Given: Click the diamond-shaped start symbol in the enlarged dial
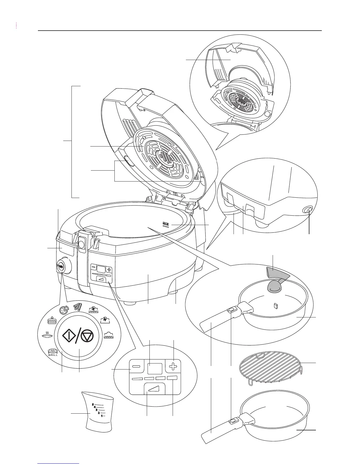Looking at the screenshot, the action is (68, 336).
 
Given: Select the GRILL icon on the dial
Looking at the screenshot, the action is (53, 352).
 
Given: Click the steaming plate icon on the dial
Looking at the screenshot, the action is (46, 335).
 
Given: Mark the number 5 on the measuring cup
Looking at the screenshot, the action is (93, 405).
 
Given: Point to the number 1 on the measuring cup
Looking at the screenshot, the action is (101, 416).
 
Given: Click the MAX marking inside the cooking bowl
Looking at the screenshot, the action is (165, 224).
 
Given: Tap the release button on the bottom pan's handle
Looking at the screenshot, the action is (233, 421).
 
